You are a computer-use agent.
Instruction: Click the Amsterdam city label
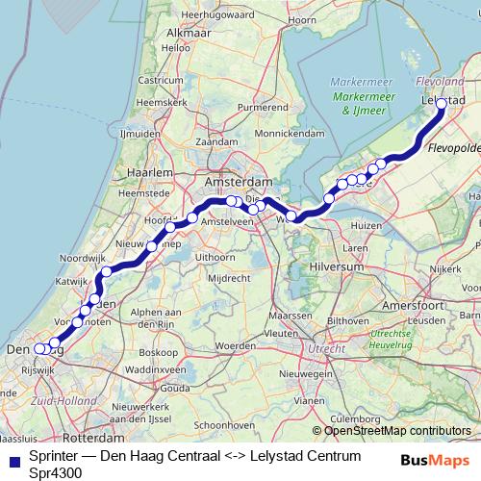(x=240, y=182)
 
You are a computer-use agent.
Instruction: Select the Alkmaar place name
(x=188, y=32)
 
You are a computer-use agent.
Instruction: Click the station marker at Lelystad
(x=442, y=104)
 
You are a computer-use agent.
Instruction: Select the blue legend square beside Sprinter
(x=12, y=458)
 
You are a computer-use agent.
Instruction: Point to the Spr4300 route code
(x=56, y=472)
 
